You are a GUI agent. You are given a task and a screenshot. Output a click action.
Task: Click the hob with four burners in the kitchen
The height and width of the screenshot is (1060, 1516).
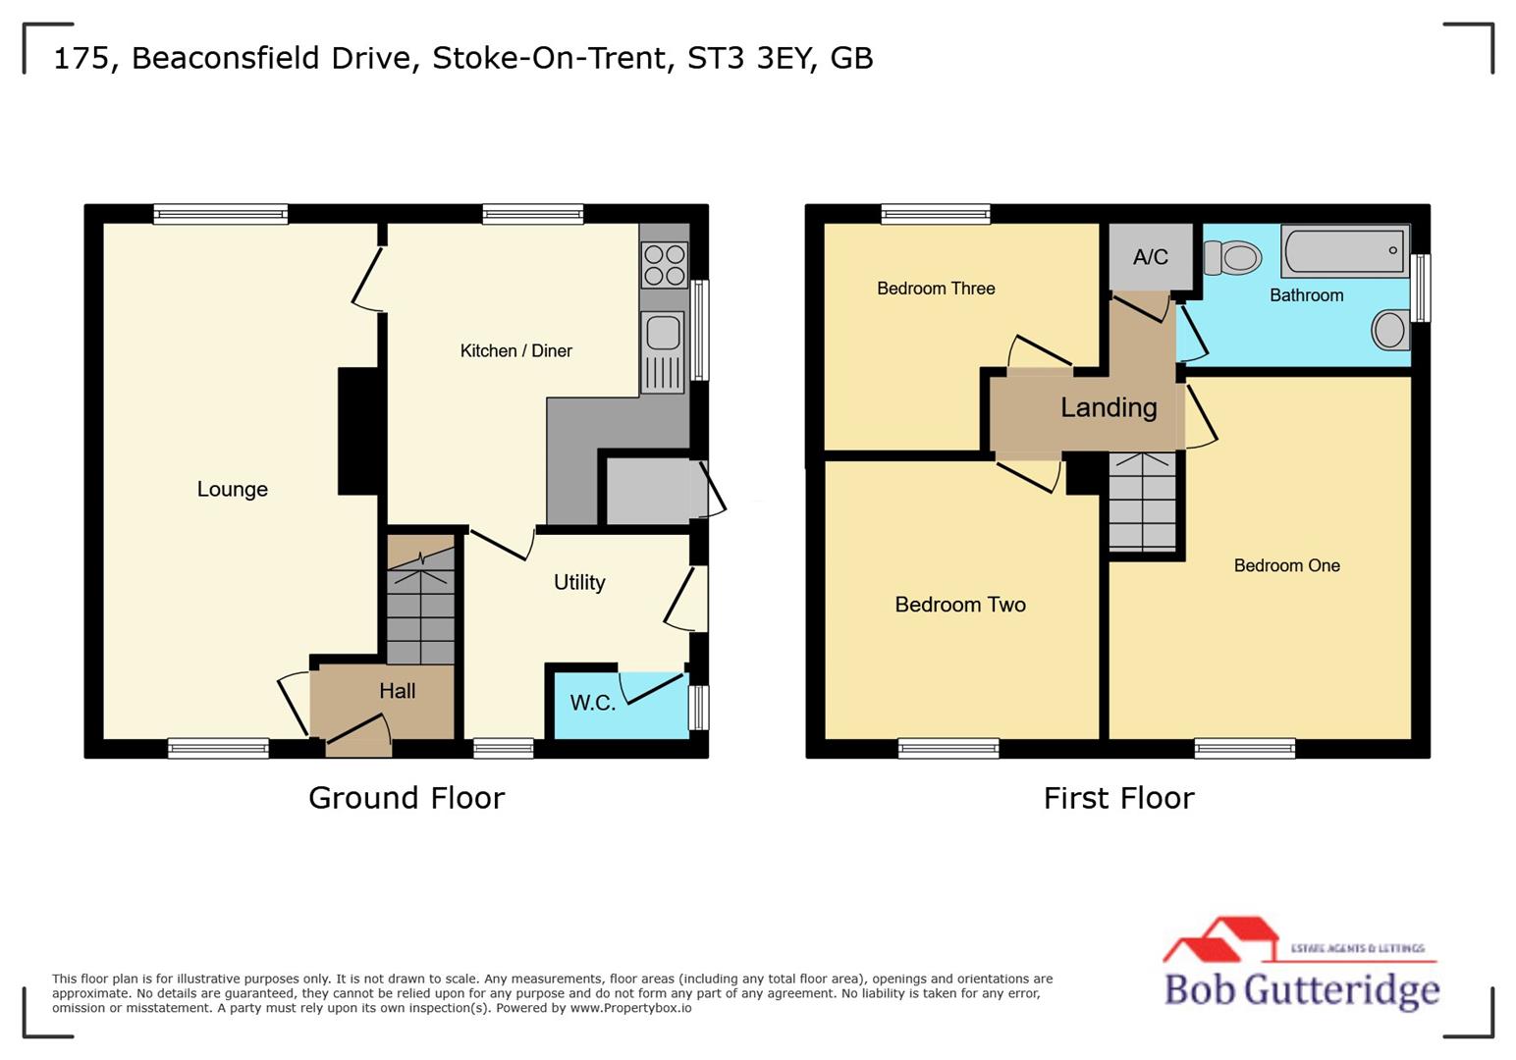664,265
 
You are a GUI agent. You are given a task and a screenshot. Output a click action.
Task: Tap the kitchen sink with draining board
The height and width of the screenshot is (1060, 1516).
663,351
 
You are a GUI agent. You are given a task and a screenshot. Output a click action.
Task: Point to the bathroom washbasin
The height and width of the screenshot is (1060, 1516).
1389,330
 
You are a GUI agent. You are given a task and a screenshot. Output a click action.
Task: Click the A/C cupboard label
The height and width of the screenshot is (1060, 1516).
1150,257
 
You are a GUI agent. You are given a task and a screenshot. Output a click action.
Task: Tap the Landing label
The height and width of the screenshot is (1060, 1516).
1109,407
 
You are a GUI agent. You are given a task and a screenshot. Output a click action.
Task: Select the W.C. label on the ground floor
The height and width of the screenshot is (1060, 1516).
592,703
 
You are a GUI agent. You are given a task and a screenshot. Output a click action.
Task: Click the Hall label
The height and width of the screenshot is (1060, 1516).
397,691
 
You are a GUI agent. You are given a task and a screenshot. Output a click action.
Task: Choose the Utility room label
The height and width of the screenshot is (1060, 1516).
579,582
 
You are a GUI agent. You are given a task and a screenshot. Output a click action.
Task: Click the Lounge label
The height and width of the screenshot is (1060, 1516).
232,489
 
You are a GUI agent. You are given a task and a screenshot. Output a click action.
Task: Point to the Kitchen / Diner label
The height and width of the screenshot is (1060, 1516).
515,350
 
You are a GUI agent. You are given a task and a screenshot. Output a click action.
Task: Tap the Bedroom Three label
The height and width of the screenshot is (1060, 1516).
936,289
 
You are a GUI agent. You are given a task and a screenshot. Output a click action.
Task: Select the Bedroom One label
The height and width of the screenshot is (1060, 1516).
1286,565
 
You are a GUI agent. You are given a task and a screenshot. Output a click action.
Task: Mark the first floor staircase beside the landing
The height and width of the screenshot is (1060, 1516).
1142,502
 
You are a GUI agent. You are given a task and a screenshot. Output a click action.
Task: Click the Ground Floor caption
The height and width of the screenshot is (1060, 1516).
406,797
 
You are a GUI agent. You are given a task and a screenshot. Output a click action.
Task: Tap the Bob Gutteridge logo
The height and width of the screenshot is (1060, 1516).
1301,967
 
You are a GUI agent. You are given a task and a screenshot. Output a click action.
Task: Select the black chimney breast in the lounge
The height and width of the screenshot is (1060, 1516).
358,431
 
